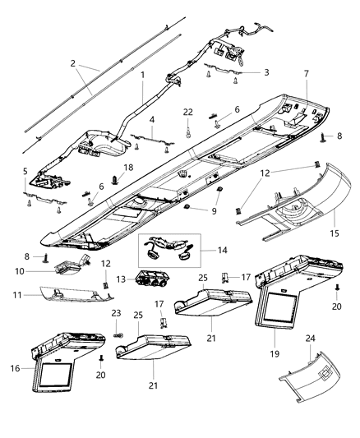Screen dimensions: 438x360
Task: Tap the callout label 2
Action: [72, 63]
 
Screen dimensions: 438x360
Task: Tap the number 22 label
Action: [188, 112]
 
